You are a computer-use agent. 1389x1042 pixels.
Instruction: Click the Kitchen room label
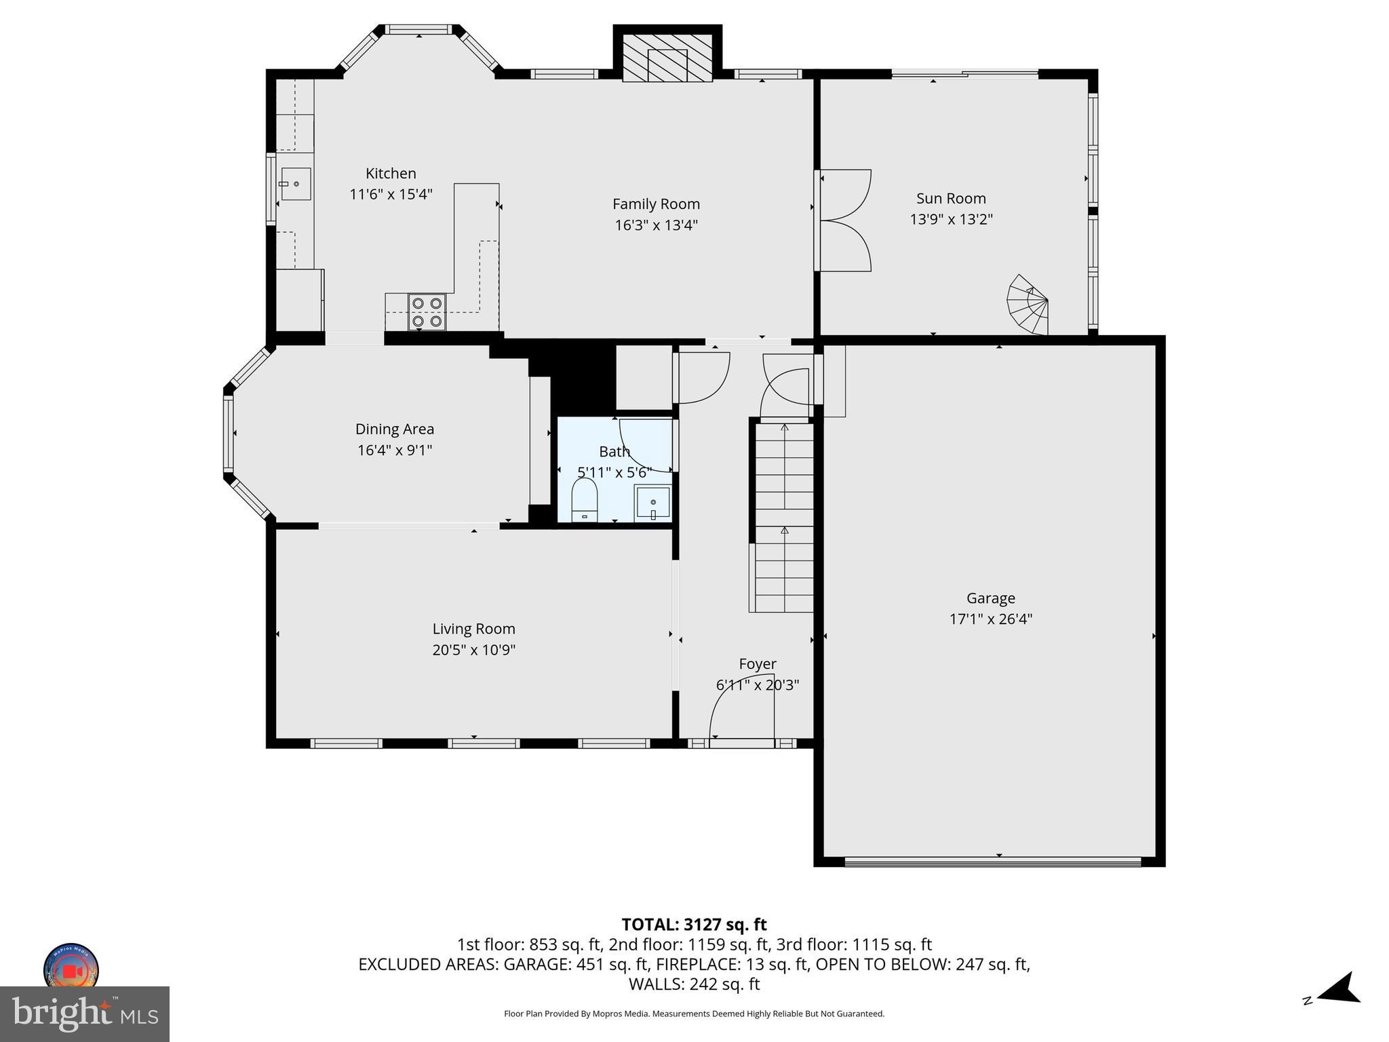pyautogui.click(x=391, y=174)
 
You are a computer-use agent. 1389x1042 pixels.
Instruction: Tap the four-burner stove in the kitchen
pyautogui.click(x=427, y=312)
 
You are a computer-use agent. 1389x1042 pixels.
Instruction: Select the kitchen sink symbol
pyautogui.click(x=296, y=184)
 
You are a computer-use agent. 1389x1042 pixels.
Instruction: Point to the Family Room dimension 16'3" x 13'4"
pyautogui.click(x=656, y=225)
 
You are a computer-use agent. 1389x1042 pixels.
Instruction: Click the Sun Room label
pyautogui.click(x=951, y=199)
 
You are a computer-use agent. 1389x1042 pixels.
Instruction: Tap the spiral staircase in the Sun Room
pyautogui.click(x=1029, y=306)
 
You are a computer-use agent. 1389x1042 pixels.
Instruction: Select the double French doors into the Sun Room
pyautogui.click(x=845, y=220)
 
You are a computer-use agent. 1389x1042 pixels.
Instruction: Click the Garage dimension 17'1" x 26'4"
pyautogui.click(x=990, y=619)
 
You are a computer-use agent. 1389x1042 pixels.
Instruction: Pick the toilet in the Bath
pyautogui.click(x=584, y=500)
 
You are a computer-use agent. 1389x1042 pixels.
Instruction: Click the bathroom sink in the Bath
pyautogui.click(x=652, y=503)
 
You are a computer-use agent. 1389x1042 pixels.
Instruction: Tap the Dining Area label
pyautogui.click(x=394, y=429)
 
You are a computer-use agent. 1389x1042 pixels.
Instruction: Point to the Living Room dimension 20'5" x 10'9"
pyautogui.click(x=473, y=650)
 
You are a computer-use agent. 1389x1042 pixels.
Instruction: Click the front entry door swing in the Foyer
pyautogui.click(x=741, y=707)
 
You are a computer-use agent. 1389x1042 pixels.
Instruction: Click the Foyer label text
pyautogui.click(x=757, y=664)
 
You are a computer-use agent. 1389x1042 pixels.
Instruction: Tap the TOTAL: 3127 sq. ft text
pyautogui.click(x=694, y=925)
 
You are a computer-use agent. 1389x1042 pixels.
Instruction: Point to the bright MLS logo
pyautogui.click(x=84, y=1014)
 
